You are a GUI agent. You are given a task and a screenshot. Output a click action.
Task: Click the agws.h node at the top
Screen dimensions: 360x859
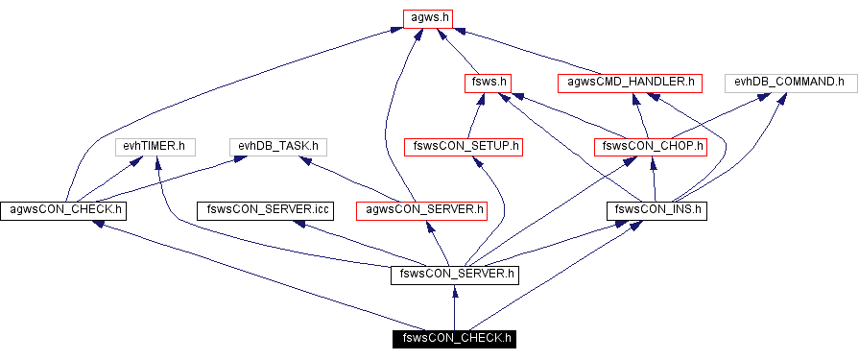[426, 17]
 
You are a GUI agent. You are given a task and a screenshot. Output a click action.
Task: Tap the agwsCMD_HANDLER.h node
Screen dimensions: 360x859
[631, 83]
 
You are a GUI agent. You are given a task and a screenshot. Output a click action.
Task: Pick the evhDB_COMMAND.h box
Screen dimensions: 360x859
[788, 83]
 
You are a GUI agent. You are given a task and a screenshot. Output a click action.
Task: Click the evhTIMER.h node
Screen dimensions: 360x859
[155, 147]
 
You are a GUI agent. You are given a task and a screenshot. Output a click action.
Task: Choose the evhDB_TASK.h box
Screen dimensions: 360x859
[278, 147]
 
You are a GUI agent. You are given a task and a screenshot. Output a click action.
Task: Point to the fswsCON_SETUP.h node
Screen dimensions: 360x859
[463, 147]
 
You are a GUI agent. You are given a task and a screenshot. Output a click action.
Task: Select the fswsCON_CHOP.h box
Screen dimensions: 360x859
[650, 147]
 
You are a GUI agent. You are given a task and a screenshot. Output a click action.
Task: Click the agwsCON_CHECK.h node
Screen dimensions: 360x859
[66, 208]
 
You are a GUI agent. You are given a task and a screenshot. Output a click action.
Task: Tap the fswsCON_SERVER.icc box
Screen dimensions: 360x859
[264, 208]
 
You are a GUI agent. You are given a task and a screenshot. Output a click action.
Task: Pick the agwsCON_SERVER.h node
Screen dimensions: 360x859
[420, 208]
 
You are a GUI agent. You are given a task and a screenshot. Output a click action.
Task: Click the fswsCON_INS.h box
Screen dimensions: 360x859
[657, 208]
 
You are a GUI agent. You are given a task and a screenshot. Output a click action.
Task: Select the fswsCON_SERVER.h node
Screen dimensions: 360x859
[455, 275]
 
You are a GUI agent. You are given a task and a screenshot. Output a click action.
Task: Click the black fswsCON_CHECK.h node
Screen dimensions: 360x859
[454, 337]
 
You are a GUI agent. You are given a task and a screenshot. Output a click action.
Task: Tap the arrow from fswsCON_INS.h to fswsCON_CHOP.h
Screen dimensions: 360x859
[654, 179]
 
